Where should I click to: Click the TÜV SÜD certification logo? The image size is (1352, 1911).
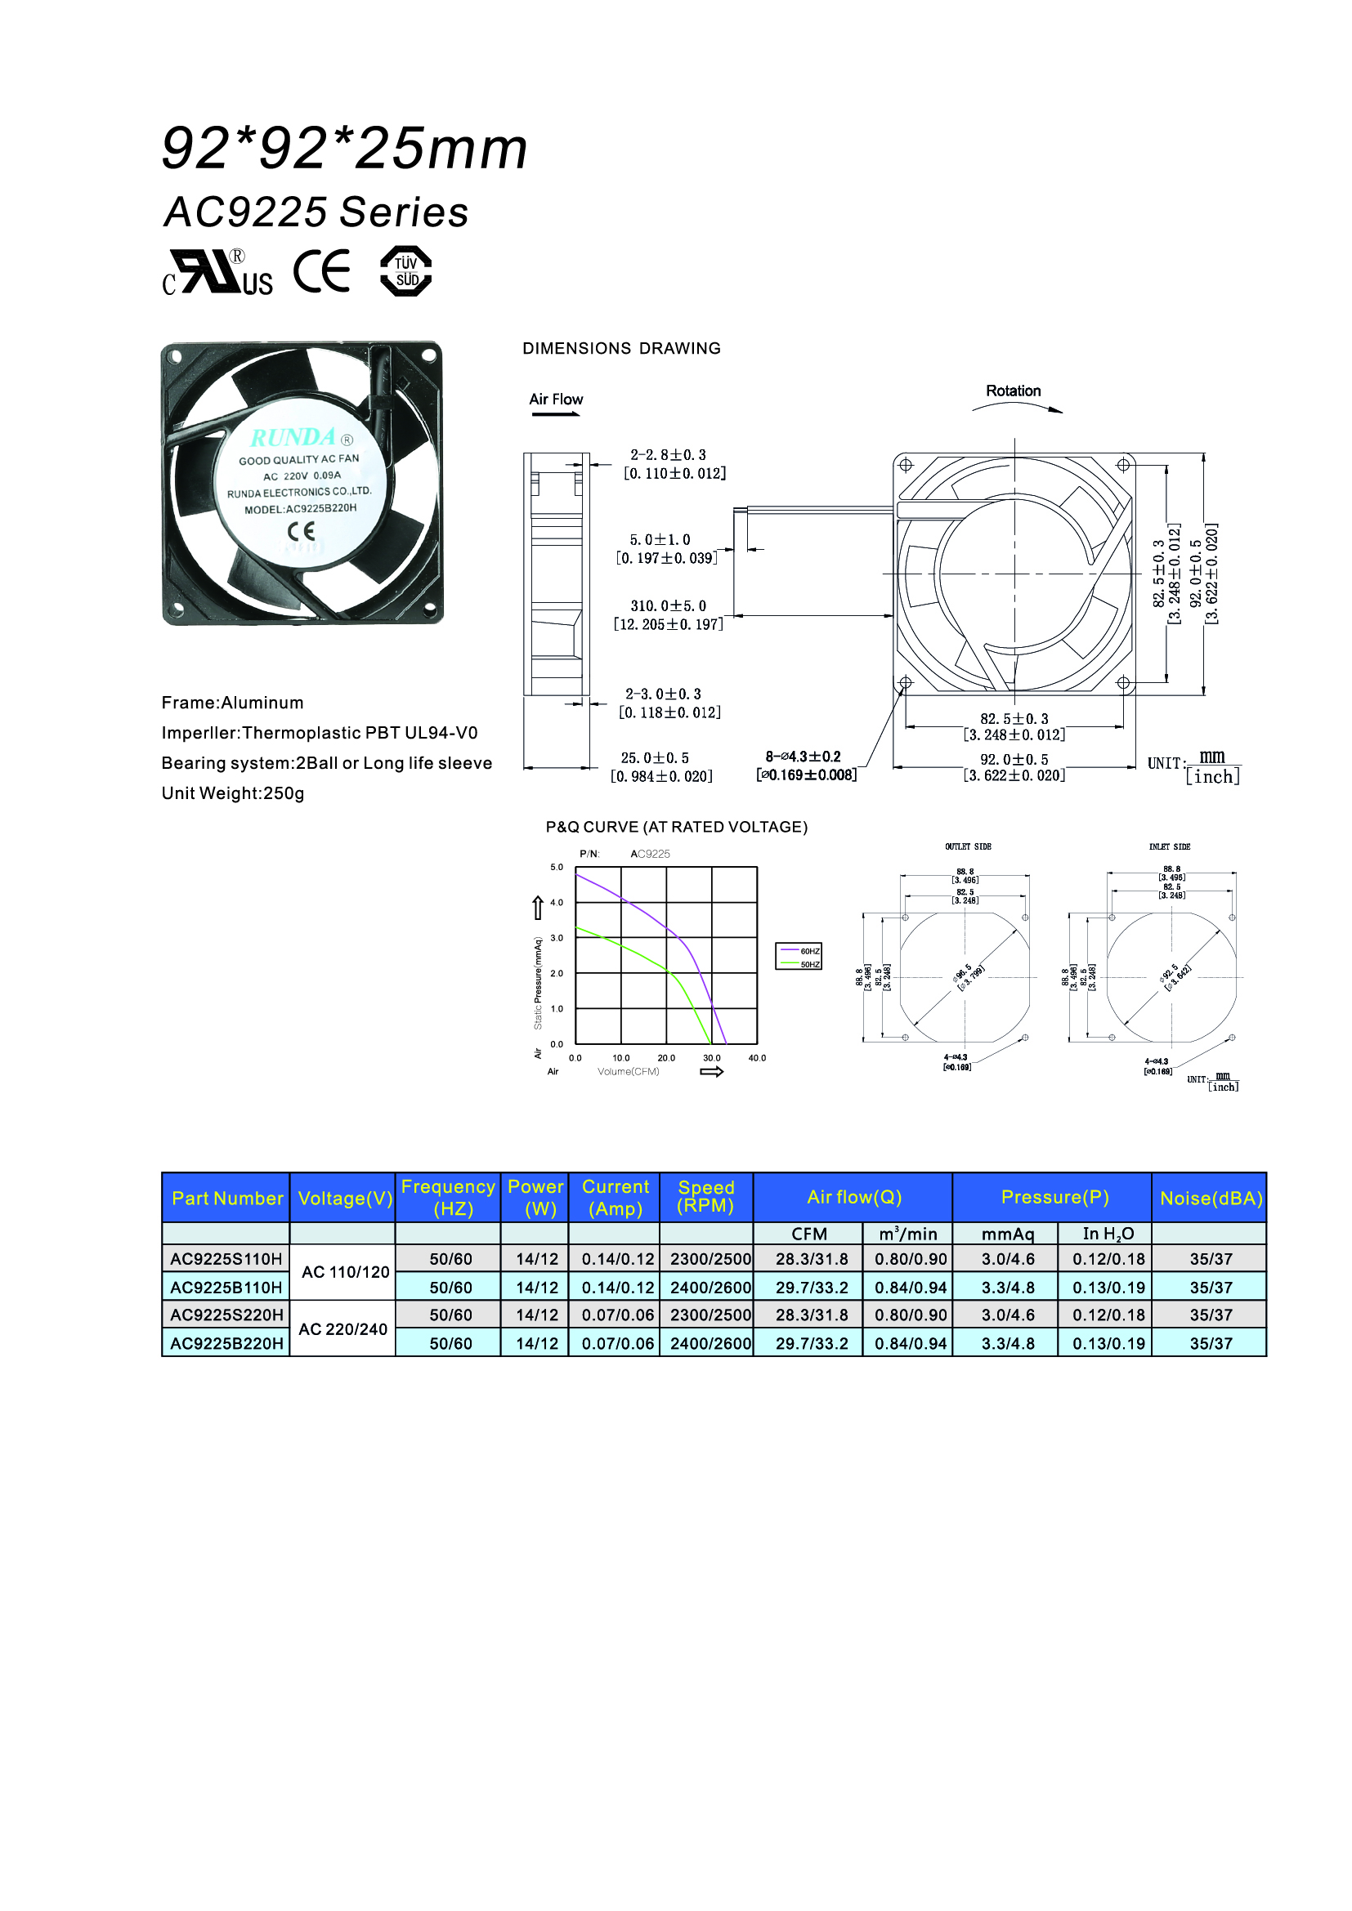(x=405, y=271)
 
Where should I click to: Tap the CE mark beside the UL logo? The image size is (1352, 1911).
(x=322, y=271)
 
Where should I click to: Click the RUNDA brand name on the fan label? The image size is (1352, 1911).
(x=293, y=438)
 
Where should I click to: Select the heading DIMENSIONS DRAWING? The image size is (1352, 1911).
(x=621, y=349)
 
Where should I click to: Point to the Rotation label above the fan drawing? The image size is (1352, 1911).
(x=1013, y=391)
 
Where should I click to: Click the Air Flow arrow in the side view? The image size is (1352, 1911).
(x=555, y=413)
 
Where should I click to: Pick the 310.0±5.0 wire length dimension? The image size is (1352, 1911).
(x=668, y=607)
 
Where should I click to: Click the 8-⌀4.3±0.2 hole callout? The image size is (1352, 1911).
(x=804, y=757)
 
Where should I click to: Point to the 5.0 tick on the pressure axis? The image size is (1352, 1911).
(x=557, y=868)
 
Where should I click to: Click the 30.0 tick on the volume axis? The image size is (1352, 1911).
(x=712, y=1058)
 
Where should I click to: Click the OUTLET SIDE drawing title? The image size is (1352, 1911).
(x=968, y=846)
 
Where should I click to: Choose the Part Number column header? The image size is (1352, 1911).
(x=226, y=1198)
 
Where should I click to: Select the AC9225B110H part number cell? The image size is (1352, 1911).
(x=226, y=1288)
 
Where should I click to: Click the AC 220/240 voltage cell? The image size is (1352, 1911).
(x=343, y=1329)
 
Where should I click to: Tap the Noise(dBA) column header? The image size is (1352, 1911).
(x=1211, y=1198)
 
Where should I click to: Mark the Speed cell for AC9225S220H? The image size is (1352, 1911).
(x=710, y=1315)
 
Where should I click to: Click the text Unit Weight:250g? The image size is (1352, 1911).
(x=233, y=793)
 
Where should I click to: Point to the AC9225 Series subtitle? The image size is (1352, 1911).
(x=316, y=212)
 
